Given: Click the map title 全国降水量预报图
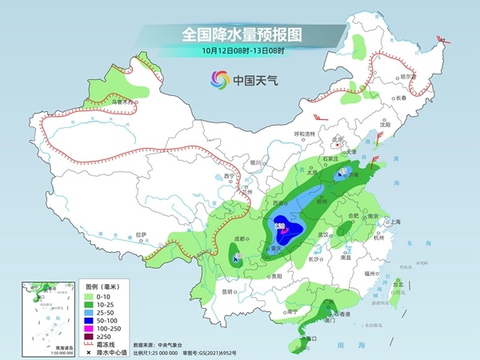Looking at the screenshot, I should pyautogui.click(x=239, y=34).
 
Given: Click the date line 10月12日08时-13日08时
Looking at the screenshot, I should pyautogui.click(x=239, y=52).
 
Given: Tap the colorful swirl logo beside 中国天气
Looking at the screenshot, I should pyautogui.click(x=219, y=79).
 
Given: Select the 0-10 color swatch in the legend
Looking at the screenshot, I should pyautogui.click(x=91, y=295).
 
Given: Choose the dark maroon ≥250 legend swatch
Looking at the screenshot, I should pyautogui.click(x=91, y=337).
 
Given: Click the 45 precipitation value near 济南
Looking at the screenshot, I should pyautogui.click(x=342, y=171).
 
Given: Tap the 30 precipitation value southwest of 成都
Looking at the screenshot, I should pyautogui.click(x=238, y=257).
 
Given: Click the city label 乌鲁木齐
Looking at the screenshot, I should pyautogui.click(x=120, y=102).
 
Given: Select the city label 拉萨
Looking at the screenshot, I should pyautogui.click(x=142, y=234).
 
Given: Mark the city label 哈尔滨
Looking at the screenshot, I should pyautogui.click(x=410, y=77).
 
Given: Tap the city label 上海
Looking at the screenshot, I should pyautogui.click(x=394, y=222).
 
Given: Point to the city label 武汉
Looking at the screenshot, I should pyautogui.click(x=323, y=234).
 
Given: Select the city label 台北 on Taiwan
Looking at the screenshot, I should pyautogui.click(x=398, y=284).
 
